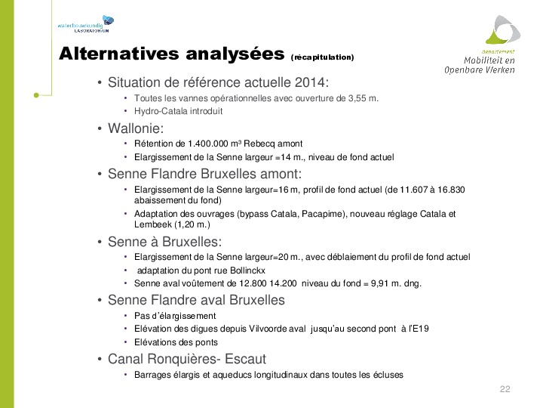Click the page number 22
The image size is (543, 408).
tap(505, 389)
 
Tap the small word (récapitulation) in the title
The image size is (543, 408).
tap(321, 57)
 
